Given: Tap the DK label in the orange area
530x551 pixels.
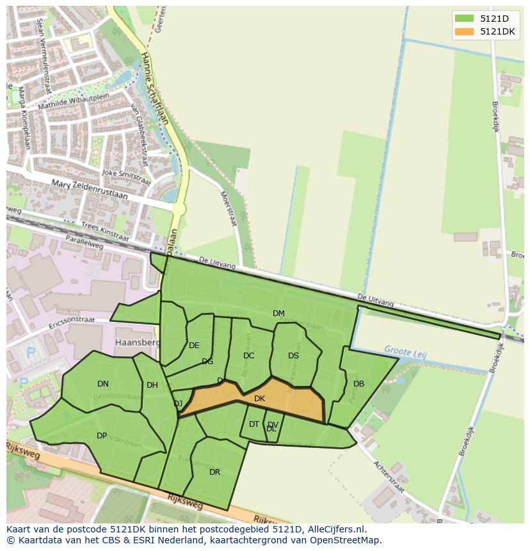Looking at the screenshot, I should [x=259, y=399].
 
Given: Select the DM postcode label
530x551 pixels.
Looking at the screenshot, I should [x=278, y=314].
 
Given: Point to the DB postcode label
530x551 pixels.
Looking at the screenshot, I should [x=358, y=384].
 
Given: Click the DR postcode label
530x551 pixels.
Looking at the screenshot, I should [x=214, y=472].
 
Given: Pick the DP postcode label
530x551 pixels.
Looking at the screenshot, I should [x=102, y=436].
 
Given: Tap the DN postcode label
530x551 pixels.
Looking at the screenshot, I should [x=103, y=384].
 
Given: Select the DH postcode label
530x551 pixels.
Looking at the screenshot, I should [x=152, y=385].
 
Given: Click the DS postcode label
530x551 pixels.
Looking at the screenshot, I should [x=293, y=356].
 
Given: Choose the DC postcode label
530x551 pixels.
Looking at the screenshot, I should [x=249, y=356].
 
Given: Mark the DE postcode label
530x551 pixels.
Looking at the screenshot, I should [x=194, y=346].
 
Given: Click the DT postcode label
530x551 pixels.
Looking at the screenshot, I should [x=254, y=424].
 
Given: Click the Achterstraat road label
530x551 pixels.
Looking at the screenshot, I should [x=389, y=475].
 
